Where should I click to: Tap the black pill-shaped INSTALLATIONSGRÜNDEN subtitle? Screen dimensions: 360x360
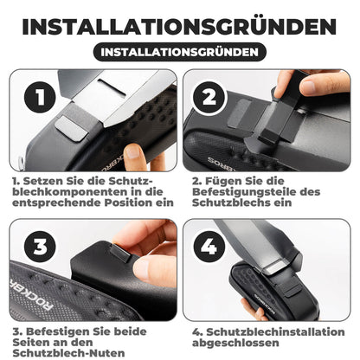click(180, 52)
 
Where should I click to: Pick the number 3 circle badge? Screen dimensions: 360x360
click(33, 245)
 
